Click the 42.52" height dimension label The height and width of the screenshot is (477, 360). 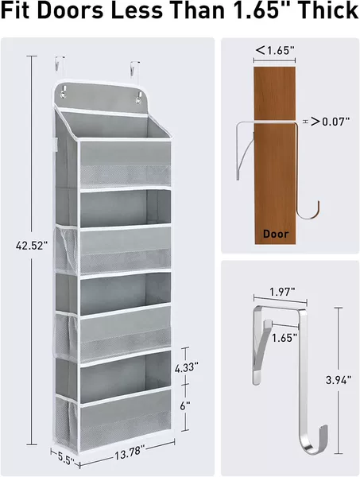click(x=32, y=246)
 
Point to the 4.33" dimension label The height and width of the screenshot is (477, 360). click(x=187, y=366)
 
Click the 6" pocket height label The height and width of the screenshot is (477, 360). click(x=185, y=405)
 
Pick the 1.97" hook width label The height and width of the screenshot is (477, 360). click(x=282, y=292)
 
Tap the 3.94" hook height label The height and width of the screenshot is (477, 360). click(x=339, y=380)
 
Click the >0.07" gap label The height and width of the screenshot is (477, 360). click(x=330, y=122)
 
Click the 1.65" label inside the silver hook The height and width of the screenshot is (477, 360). click(x=285, y=338)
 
